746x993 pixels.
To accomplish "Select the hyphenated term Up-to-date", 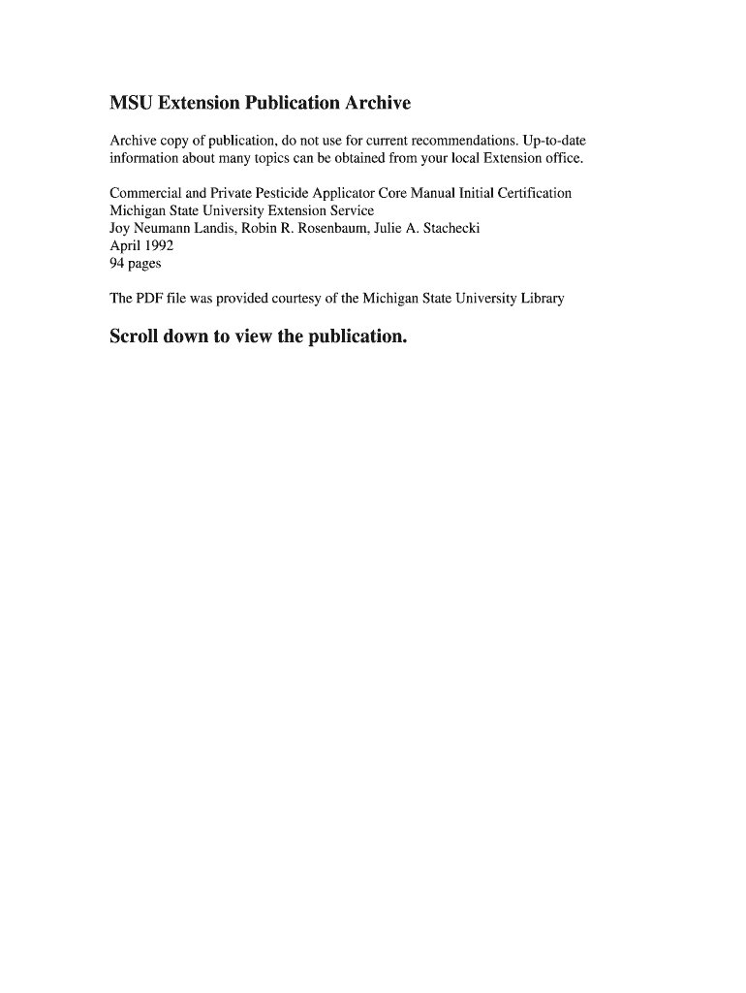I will pos(554,141).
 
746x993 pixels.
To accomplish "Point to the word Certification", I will pos(532,193).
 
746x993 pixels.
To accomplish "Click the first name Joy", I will pos(119,228).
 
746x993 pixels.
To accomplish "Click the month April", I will pos(124,245).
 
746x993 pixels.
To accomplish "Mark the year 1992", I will pos(160,245).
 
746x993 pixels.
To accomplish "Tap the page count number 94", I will pos(117,263).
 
